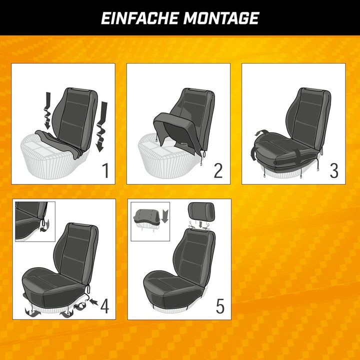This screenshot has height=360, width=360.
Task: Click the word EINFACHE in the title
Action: click(x=139, y=18)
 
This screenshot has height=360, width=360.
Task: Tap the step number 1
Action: click(x=105, y=171)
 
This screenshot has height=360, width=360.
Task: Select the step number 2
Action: click(x=218, y=171)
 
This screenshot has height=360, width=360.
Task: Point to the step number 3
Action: click(x=333, y=171)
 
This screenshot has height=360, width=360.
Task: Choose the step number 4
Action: click(x=104, y=306)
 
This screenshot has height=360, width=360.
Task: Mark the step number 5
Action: click(x=220, y=306)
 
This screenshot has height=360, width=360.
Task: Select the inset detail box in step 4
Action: click(x=35, y=220)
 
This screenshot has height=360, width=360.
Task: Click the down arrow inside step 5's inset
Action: click(x=164, y=215)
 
